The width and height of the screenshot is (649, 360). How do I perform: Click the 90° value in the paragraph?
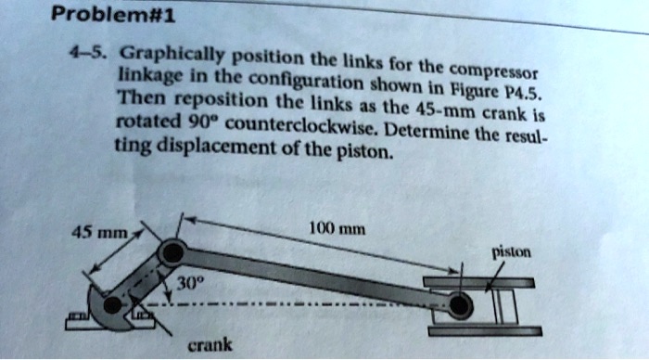click(195, 123)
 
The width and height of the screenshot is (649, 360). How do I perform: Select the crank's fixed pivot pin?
click(112, 303)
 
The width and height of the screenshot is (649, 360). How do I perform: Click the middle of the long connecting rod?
click(315, 277)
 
